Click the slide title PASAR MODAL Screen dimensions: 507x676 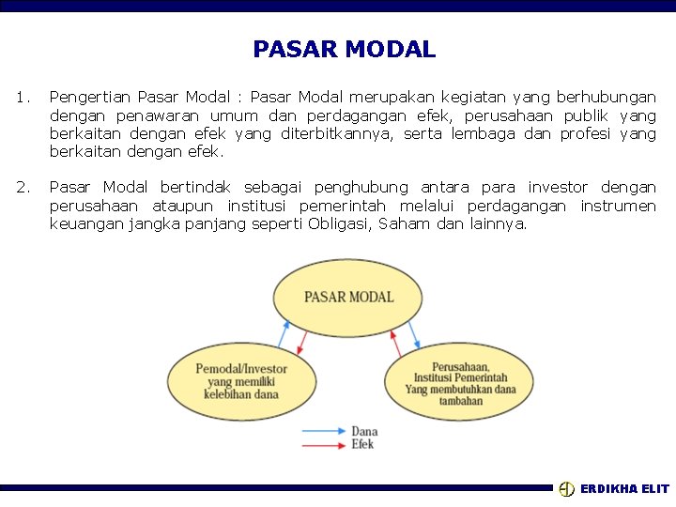click(x=344, y=49)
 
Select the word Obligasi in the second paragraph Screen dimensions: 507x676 click(x=338, y=223)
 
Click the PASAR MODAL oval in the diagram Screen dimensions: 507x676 click(x=348, y=298)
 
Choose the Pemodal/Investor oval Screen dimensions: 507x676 click(x=241, y=381)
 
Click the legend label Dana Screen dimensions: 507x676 click(x=364, y=432)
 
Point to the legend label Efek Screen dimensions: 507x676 click(x=362, y=443)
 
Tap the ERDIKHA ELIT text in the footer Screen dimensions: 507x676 click(x=624, y=489)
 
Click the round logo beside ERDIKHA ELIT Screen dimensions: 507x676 click(x=566, y=489)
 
